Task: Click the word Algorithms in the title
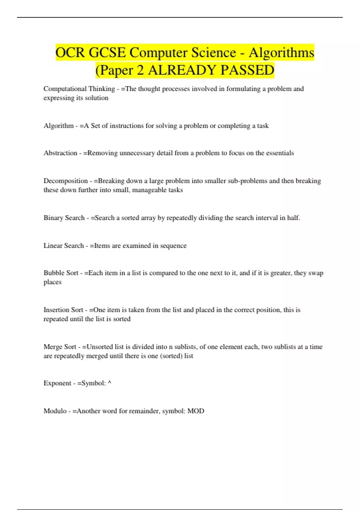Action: pyautogui.click(x=281, y=53)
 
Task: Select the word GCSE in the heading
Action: pyautogui.click(x=107, y=53)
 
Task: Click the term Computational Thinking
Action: pyautogui.click(x=79, y=89)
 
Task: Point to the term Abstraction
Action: pyautogui.click(x=60, y=153)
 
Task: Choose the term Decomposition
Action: pyautogui.click(x=66, y=181)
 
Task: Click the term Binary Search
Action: pyautogui.click(x=64, y=218)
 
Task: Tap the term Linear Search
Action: pyautogui.click(x=64, y=246)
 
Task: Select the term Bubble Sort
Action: pyautogui.click(x=61, y=273)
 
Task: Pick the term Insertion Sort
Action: pyautogui.click(x=63, y=310)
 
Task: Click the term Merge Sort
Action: pyautogui.click(x=60, y=347)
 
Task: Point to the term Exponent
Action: pyautogui.click(x=57, y=383)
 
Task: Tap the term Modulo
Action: pyautogui.click(x=55, y=411)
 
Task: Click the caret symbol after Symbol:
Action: pyautogui.click(x=109, y=383)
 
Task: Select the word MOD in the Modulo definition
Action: pyautogui.click(x=196, y=411)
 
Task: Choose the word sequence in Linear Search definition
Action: pyautogui.click(x=173, y=246)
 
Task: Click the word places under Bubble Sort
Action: pyautogui.click(x=52, y=282)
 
